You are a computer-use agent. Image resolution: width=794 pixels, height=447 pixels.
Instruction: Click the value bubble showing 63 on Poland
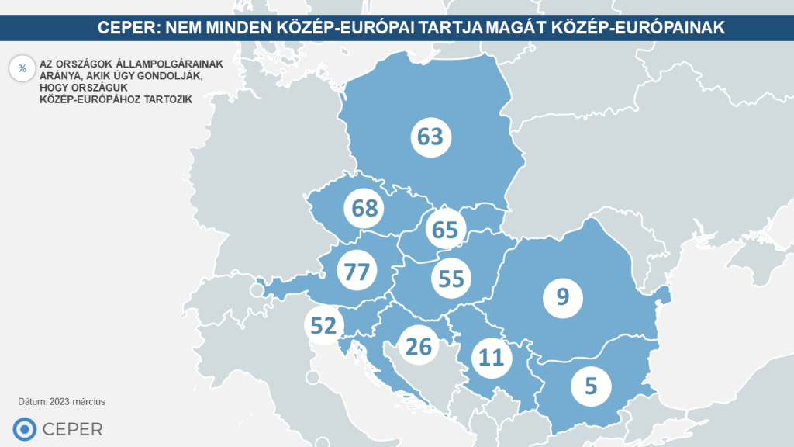[430, 137]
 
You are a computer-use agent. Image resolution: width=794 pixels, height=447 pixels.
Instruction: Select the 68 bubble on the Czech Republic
[364, 208]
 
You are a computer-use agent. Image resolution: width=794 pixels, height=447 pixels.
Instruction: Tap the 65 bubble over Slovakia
[445, 230]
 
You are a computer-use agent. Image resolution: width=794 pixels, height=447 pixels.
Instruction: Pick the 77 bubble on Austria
[357, 272]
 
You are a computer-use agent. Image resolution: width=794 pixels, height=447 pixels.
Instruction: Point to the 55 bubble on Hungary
[451, 279]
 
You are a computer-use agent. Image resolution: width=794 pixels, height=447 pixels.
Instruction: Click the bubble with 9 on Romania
[562, 296]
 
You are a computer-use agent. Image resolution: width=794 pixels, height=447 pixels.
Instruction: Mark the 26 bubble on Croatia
[418, 346]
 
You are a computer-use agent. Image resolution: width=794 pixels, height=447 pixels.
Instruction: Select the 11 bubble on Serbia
[492, 358]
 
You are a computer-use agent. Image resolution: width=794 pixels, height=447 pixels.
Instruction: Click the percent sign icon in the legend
[22, 68]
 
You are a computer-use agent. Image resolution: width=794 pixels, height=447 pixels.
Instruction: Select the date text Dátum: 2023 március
[61, 402]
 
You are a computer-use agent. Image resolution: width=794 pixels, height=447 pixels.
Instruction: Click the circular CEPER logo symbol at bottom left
[25, 428]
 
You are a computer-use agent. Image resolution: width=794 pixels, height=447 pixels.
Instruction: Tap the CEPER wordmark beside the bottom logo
[72, 429]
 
